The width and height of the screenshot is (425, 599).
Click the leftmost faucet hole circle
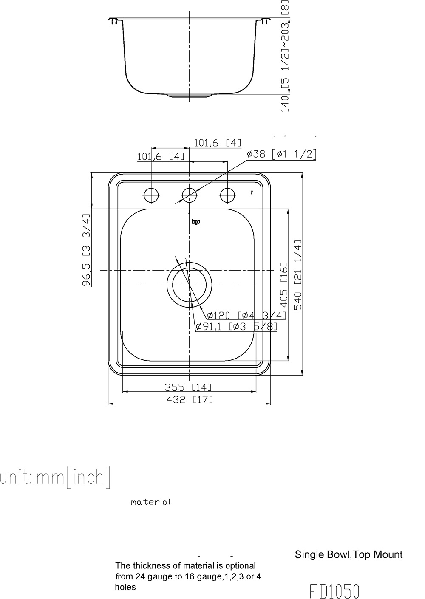(151, 195)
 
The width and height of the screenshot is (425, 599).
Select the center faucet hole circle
(189, 195)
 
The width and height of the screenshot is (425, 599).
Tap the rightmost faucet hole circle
(227, 195)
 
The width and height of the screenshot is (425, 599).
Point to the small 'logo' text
(195, 221)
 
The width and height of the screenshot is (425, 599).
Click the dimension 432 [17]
(189, 399)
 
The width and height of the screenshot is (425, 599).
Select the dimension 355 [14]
(188, 387)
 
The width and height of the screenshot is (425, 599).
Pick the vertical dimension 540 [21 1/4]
(298, 275)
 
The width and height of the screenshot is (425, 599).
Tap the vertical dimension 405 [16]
(284, 284)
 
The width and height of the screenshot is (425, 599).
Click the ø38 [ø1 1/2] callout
(282, 154)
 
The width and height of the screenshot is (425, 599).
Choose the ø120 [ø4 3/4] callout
(246, 315)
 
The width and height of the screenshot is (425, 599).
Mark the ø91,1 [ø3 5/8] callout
(236, 327)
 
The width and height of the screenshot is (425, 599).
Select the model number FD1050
(334, 591)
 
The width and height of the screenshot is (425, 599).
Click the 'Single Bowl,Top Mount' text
(348, 554)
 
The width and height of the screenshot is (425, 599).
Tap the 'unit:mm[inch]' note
(55, 477)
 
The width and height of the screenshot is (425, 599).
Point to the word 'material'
(151, 502)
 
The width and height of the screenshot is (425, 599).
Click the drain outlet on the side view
(189, 96)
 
